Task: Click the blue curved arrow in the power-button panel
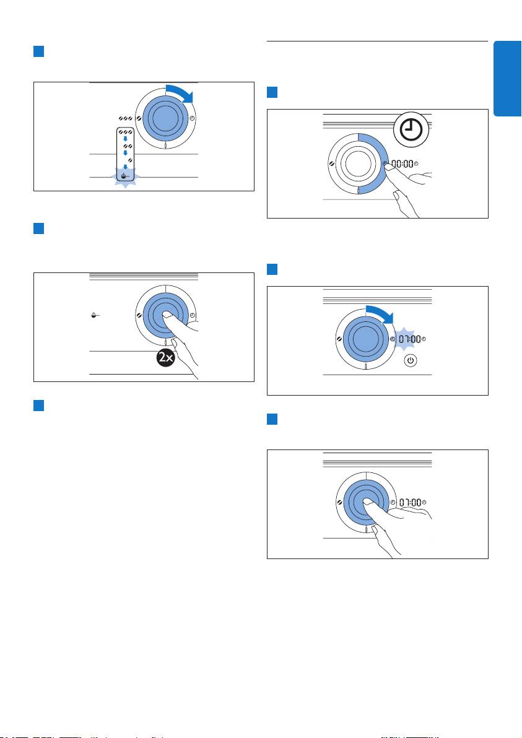pos(378,312)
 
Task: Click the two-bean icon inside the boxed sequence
pos(126,146)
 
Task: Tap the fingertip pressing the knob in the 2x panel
pos(166,316)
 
